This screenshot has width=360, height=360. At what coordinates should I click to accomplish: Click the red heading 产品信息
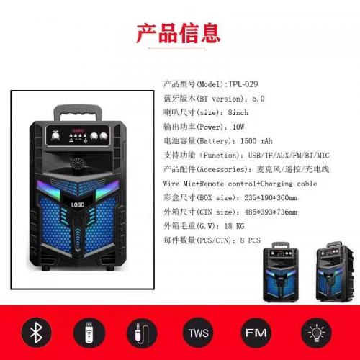(178, 33)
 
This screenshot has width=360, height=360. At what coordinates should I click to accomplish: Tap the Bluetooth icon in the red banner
(36, 333)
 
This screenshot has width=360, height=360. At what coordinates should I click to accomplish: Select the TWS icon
(198, 333)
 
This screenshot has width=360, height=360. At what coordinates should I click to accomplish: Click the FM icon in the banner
(256, 333)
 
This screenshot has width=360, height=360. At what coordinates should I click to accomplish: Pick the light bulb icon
(316, 333)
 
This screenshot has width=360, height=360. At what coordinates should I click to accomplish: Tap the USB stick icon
(89, 333)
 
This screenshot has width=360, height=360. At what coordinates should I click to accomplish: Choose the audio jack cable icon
(142, 333)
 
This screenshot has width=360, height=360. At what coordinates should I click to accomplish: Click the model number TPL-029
(243, 84)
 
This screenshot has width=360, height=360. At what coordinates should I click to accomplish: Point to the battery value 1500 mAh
(256, 141)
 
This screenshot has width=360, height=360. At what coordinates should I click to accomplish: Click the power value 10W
(238, 127)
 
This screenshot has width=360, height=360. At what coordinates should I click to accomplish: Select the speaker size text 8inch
(238, 112)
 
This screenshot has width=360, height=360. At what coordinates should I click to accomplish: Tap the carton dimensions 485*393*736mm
(271, 212)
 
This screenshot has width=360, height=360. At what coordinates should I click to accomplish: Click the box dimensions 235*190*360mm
(271, 197)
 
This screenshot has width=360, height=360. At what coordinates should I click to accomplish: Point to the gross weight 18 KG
(234, 226)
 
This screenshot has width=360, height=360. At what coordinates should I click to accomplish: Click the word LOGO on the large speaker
(78, 204)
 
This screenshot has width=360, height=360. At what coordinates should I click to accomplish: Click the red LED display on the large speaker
(78, 130)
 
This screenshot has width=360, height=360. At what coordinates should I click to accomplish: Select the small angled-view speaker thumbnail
(335, 271)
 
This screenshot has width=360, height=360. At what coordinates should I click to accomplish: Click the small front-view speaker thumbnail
(281, 271)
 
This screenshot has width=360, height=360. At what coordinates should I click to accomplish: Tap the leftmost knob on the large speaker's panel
(55, 136)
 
